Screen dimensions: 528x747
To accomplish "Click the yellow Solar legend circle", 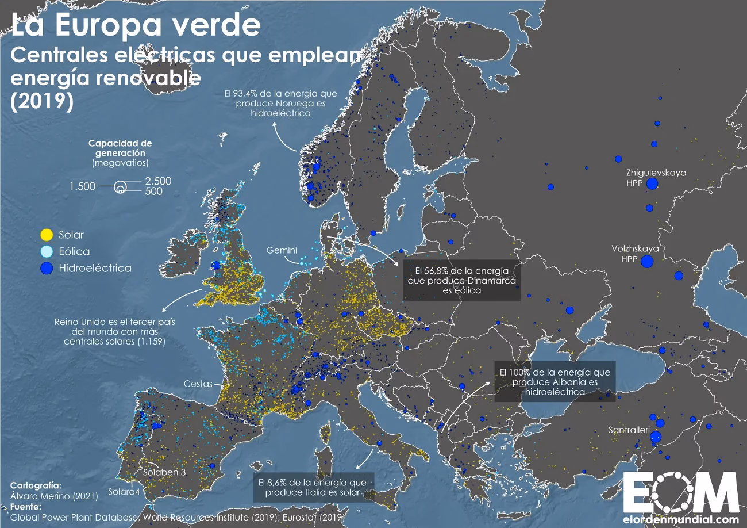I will coord(47,235).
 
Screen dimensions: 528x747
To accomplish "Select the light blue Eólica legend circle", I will coord(47,251).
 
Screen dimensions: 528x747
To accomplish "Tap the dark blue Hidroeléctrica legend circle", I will coord(47,268).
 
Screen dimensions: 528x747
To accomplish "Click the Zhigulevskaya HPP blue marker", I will coord(652,184).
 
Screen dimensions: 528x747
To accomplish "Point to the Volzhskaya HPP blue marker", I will coord(647,262).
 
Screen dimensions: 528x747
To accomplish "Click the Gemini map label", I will coord(282,250).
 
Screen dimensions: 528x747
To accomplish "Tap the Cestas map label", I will coord(198,384).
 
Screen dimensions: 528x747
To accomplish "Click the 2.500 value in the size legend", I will coord(158,181).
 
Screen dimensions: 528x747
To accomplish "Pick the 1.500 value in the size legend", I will coord(82,186).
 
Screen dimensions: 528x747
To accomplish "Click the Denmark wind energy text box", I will coord(461,281).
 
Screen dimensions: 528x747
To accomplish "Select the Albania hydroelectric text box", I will coord(555,381).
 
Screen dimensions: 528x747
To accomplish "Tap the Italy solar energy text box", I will coord(313,488).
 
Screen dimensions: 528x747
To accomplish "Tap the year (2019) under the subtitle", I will coord(43,101).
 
